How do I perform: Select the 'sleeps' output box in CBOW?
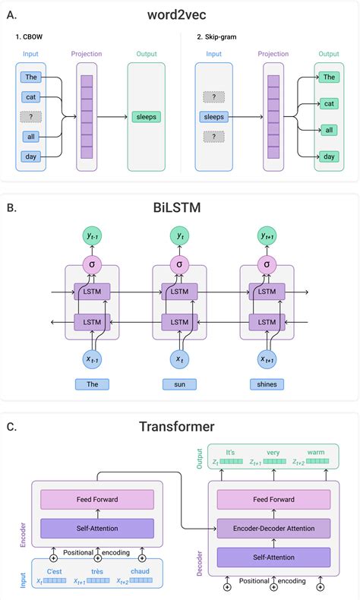point(145,117)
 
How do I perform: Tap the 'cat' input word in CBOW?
point(30,97)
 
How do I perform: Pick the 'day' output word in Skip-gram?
point(329,156)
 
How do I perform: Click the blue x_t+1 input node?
point(267,358)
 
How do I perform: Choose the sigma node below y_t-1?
point(93,265)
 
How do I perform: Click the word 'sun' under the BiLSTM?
point(179,384)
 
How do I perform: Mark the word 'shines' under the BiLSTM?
point(267,384)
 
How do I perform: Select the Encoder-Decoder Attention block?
point(273,528)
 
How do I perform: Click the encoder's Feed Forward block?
point(96,499)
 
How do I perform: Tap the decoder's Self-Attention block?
point(273,557)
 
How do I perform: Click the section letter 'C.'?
point(11,426)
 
